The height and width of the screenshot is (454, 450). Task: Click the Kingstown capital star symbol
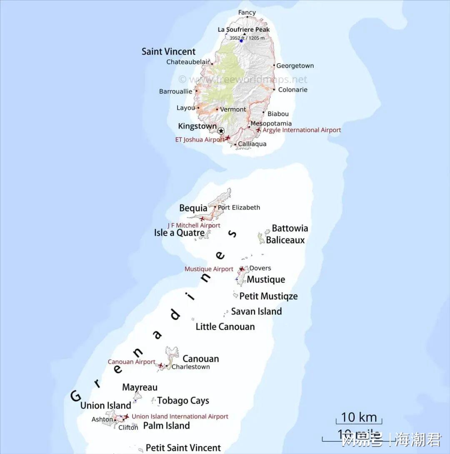[x=221, y=130]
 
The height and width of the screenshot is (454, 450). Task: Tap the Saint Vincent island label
[x=168, y=52]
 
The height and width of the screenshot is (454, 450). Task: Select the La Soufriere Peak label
[x=244, y=30]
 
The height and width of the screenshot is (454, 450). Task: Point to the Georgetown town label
[x=295, y=66]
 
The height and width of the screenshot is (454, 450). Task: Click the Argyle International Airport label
[x=302, y=130]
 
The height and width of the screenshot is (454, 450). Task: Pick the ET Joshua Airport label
[x=200, y=140]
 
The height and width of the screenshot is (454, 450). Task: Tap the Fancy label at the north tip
[x=247, y=12]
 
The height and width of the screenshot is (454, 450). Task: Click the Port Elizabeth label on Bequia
[x=239, y=207]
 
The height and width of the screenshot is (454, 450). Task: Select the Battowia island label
[x=290, y=228]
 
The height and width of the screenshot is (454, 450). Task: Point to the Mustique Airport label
[x=209, y=269]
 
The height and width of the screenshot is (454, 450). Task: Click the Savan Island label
[x=256, y=311]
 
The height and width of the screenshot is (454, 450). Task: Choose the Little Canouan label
[x=225, y=327]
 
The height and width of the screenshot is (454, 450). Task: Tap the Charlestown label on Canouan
[x=190, y=367]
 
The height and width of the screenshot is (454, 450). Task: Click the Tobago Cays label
[x=183, y=401]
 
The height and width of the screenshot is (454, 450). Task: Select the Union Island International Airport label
[x=180, y=417]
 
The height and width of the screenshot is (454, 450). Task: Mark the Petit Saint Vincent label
[x=183, y=448]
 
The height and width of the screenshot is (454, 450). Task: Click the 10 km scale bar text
[x=359, y=417]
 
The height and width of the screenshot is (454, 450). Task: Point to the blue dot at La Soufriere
[x=241, y=41]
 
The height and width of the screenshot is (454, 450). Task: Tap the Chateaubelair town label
[x=188, y=62]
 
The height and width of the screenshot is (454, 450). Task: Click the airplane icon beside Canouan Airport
[x=161, y=365]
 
